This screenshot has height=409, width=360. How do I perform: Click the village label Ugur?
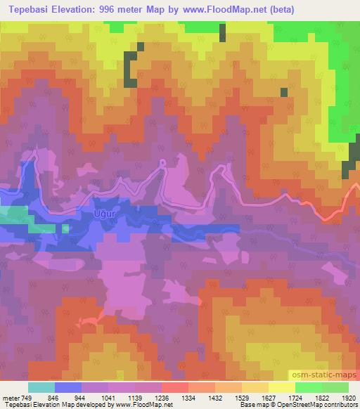coord(103,212)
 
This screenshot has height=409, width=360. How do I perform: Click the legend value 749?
coord(26,396)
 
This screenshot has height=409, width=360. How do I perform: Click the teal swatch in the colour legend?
coord(41,387)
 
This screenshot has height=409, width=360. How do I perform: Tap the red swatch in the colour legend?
coord(175,387)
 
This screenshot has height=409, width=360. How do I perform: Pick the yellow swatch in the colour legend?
coord(282,387)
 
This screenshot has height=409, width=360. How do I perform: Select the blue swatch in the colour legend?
coord(68,387)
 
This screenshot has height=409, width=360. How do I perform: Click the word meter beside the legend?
coord(9,396)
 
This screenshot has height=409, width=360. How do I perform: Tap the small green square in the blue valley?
coord(65,228)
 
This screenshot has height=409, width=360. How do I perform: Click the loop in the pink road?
coord(162,163)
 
